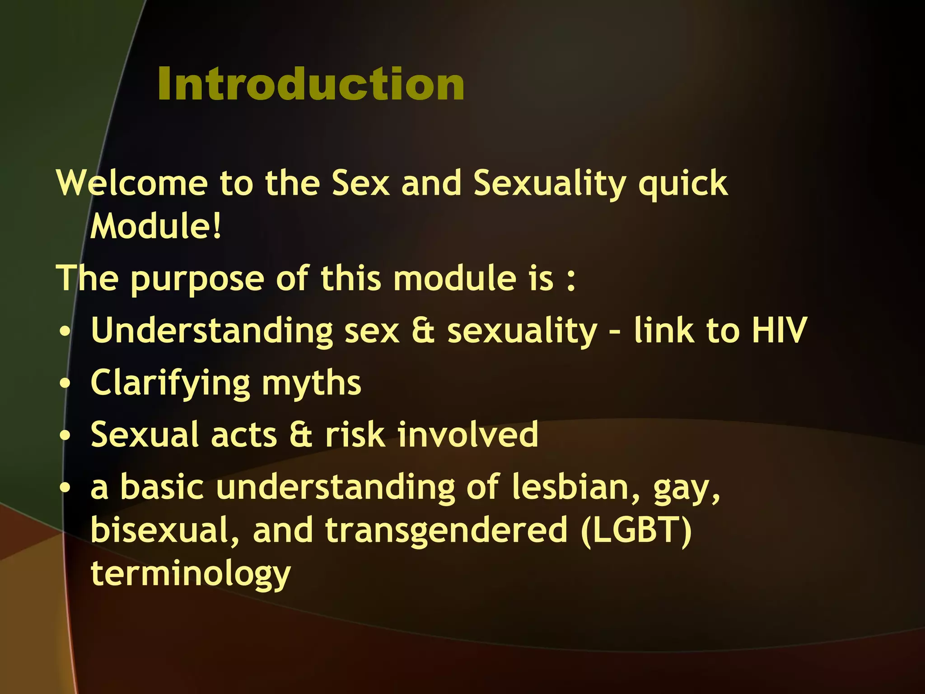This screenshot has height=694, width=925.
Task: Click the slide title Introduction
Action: click(x=311, y=84)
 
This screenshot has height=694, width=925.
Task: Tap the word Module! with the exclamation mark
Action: click(x=156, y=226)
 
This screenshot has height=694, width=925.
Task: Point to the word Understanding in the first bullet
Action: click(x=211, y=331)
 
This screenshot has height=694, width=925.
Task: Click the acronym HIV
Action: click(x=779, y=330)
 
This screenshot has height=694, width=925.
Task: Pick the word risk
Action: click(x=355, y=435)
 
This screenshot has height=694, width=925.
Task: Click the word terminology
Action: click(x=190, y=574)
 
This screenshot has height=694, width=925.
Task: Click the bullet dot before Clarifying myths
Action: click(x=65, y=384)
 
